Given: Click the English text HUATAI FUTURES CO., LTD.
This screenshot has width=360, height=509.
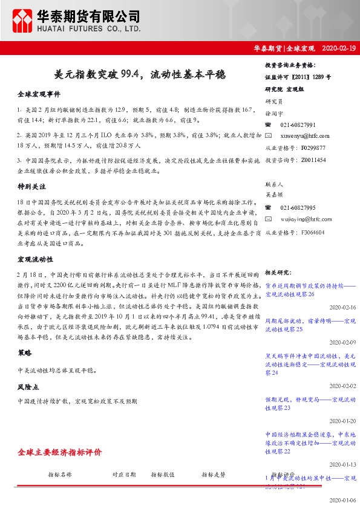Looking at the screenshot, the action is [89, 28].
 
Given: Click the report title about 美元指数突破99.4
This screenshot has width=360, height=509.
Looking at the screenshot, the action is [140, 76].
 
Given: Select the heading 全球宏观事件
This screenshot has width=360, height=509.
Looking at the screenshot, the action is [39, 94].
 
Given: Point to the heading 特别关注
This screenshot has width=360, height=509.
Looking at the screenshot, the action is [31, 188].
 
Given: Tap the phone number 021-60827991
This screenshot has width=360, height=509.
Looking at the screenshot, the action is [298, 125].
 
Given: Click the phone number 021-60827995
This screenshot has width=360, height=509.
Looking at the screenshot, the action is [298, 207].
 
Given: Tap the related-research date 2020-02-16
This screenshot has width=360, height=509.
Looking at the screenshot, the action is [343, 308].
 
